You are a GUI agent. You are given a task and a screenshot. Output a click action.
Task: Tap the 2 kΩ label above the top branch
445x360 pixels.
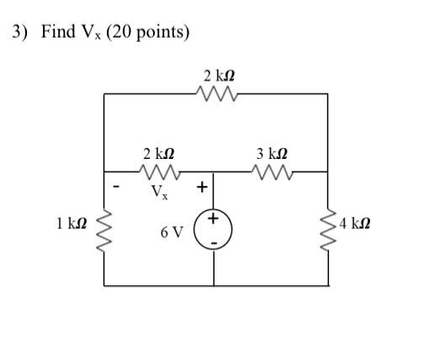coord(216,76)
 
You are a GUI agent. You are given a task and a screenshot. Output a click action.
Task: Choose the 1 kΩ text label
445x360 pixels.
coord(72,224)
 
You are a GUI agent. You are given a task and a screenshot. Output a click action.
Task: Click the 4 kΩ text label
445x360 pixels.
coord(354,224)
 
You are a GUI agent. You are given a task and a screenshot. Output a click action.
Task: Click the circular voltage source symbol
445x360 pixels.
coord(214,230)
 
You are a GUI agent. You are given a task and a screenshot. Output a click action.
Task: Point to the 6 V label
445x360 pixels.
coord(172,231)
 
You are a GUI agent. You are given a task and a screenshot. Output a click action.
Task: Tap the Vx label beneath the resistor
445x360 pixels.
coord(159,192)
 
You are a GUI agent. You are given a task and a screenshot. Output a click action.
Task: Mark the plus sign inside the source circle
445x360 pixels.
coord(214,219)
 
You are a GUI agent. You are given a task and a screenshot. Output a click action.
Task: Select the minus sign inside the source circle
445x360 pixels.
coord(214,242)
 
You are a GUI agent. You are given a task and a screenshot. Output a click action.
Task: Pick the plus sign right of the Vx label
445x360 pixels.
coord(202,186)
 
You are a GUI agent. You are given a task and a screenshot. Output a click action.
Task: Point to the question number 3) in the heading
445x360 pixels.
coord(19,33)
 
